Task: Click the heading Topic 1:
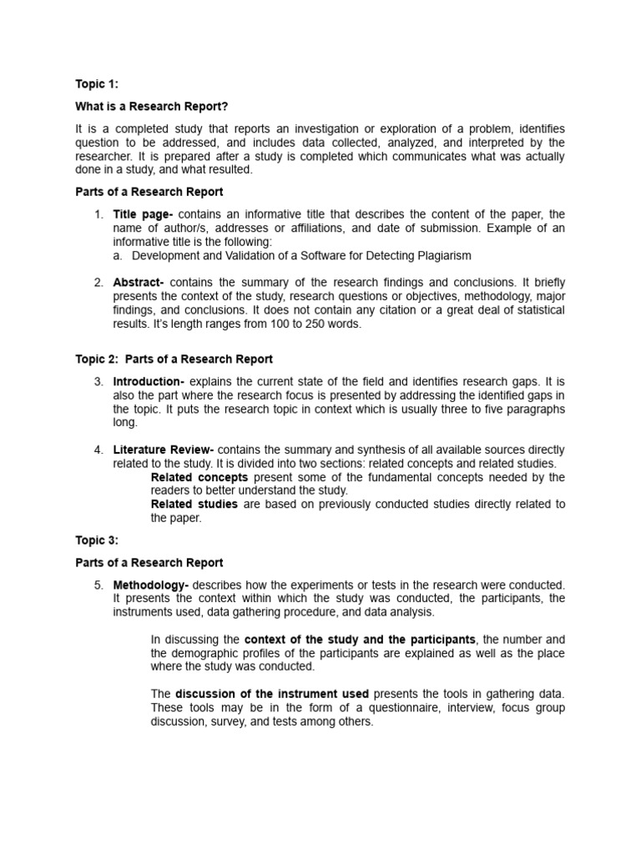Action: click(x=97, y=83)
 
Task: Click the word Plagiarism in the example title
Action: click(x=440, y=255)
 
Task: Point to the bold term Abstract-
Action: click(x=139, y=283)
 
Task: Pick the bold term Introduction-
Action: click(x=149, y=382)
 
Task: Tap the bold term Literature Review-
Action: click(x=164, y=450)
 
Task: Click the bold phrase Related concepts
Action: click(x=199, y=477)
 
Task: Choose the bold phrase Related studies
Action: click(x=194, y=504)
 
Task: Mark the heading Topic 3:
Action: click(x=97, y=540)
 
